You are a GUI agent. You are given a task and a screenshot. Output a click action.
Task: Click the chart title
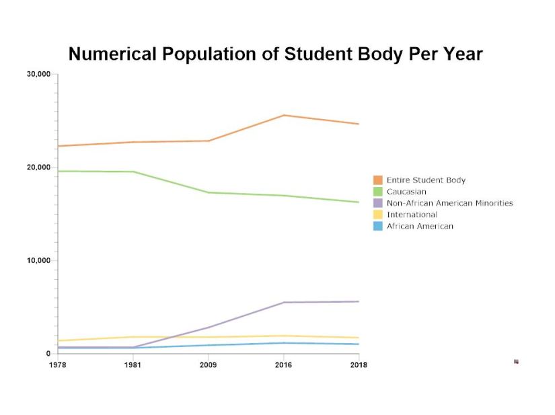click(276, 54)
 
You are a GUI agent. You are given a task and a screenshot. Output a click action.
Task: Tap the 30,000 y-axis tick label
click(38, 74)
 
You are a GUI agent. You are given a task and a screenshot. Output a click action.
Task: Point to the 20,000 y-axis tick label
click(38, 167)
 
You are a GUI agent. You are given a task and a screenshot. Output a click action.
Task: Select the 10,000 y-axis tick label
click(38, 260)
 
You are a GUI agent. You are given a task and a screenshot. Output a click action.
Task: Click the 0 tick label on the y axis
click(49, 354)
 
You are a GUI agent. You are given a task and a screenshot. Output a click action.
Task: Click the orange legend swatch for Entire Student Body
click(378, 180)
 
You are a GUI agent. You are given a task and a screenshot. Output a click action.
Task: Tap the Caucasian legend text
click(406, 192)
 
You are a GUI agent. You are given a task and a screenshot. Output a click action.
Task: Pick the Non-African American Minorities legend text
click(449, 203)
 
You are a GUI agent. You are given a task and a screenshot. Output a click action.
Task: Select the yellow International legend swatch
click(378, 215)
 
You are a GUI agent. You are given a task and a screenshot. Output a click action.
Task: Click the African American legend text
click(420, 226)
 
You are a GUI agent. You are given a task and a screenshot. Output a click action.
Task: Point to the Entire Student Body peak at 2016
click(284, 115)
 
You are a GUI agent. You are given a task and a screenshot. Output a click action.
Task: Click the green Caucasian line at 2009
click(209, 192)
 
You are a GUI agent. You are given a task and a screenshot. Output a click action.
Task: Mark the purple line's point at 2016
click(284, 303)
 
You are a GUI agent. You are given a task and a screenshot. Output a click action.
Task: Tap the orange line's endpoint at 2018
click(359, 124)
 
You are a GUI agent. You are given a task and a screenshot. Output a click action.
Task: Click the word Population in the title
click(206, 54)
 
